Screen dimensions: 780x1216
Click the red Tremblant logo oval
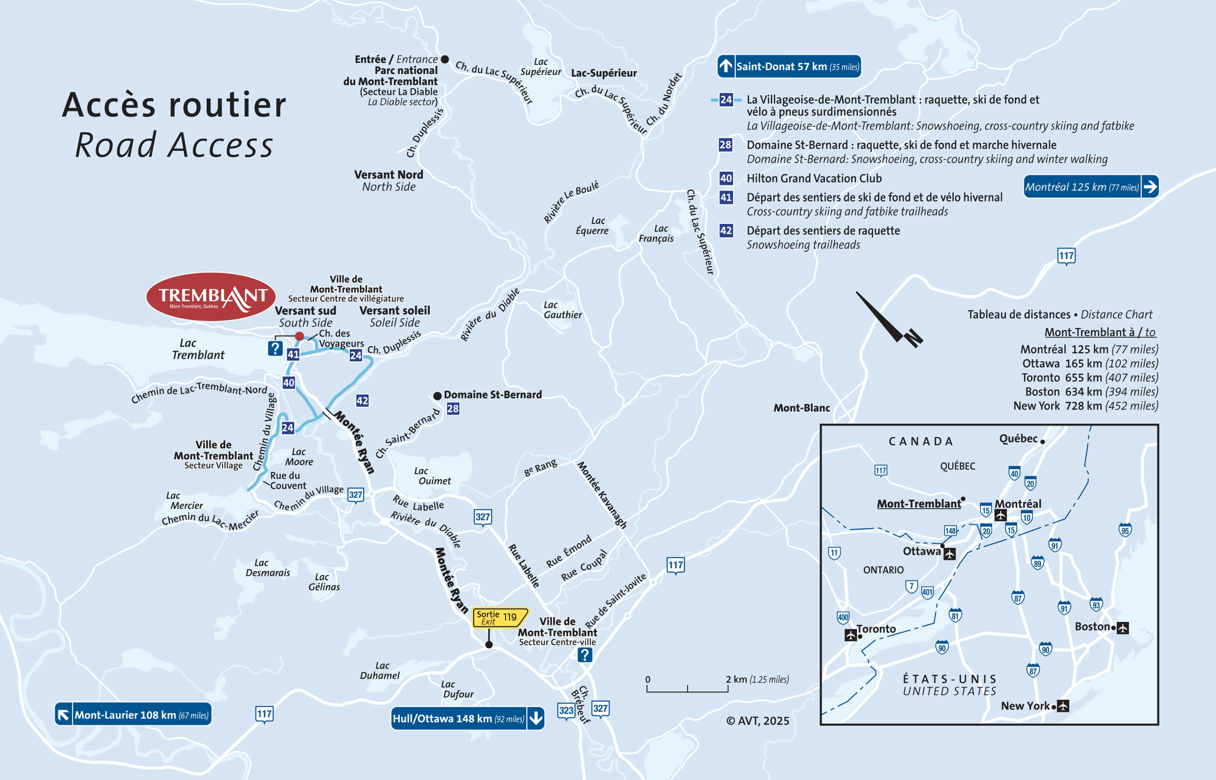211,297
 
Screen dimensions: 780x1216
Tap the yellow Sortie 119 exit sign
500,617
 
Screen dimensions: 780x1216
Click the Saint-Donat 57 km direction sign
789,66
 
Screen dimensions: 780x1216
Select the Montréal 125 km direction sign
1090,187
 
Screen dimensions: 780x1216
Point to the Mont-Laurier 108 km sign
133,715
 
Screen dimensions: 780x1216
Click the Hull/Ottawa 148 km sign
467,718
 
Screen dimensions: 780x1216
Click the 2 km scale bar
687,688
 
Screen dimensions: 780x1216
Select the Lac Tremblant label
198,349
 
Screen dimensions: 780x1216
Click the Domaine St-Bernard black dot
437,396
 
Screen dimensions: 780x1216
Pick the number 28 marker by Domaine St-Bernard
453,409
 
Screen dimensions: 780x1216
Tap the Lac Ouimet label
434,476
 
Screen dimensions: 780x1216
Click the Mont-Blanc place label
801,408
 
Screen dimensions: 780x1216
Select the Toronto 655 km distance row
1089,377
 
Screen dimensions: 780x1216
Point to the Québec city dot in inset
1042,442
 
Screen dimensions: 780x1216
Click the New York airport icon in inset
1063,706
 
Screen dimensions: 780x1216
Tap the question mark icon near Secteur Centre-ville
585,655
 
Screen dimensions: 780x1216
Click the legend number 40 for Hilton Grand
726,178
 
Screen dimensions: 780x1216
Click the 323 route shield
566,711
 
